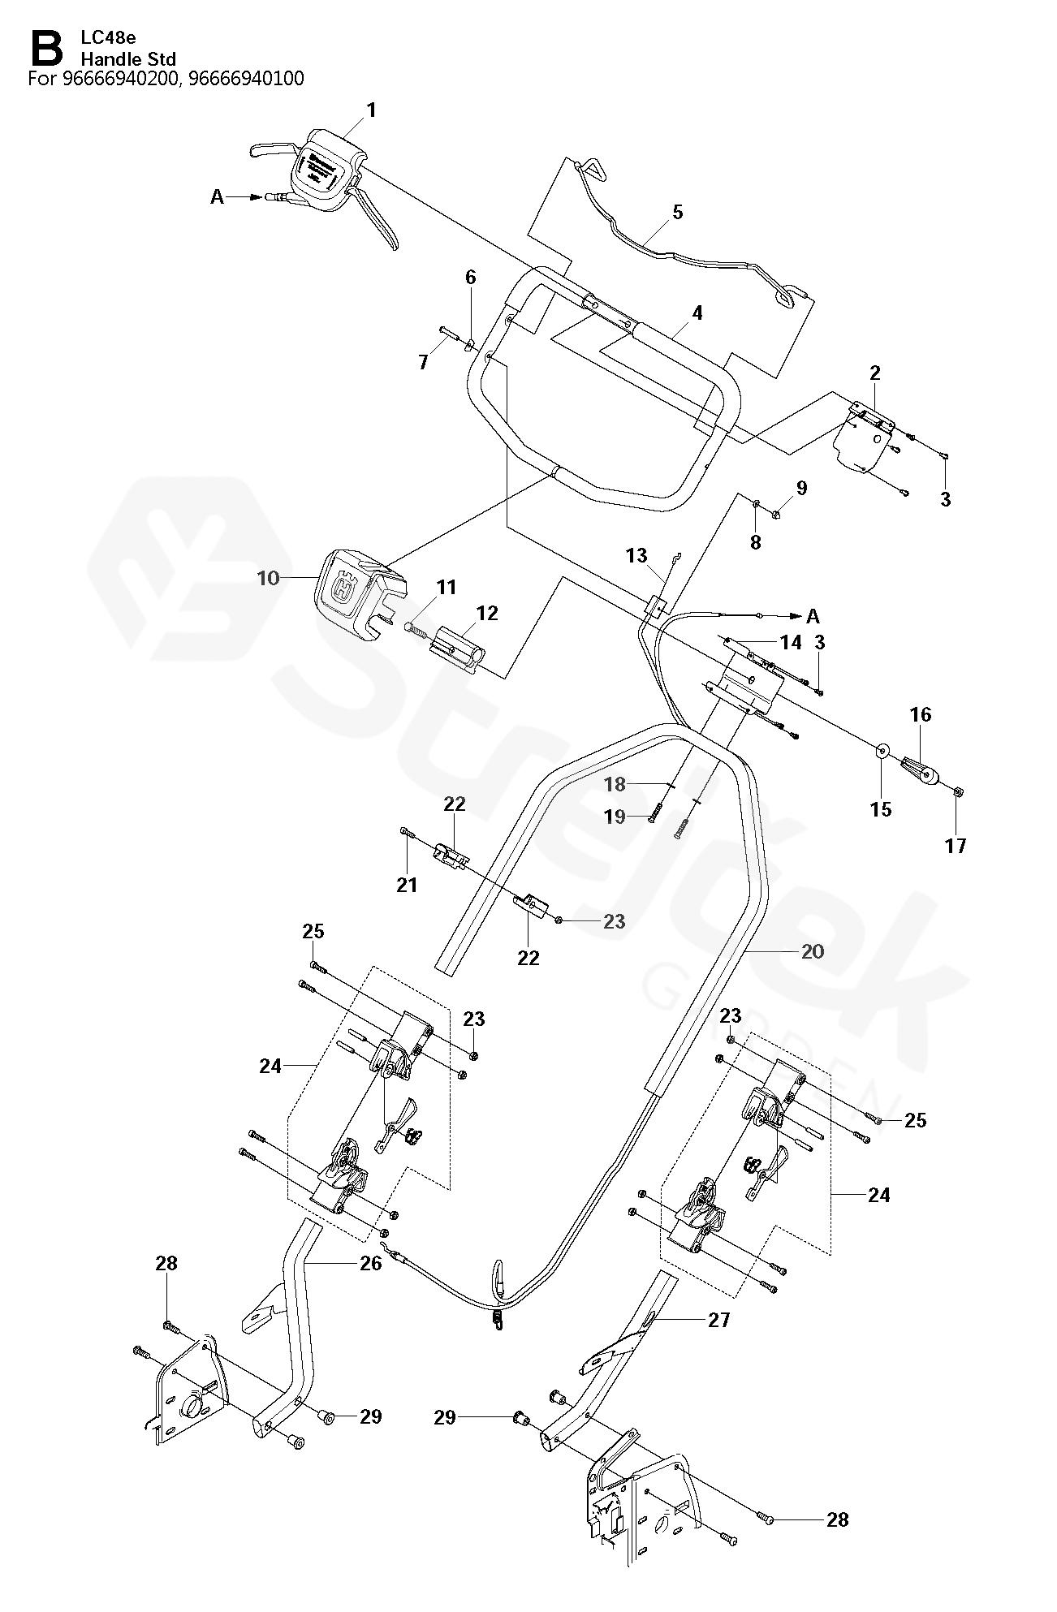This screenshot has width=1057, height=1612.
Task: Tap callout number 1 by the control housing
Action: (x=372, y=110)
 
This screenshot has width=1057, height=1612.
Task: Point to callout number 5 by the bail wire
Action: (x=677, y=213)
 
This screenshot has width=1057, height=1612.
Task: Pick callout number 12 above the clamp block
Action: (x=487, y=613)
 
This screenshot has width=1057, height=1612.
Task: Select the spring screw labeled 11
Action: (x=416, y=627)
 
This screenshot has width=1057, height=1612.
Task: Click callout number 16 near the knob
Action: (x=921, y=715)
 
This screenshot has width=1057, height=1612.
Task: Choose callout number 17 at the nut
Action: (x=956, y=846)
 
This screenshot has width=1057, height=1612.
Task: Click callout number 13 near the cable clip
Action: (x=636, y=555)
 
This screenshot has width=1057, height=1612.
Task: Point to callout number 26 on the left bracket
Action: (x=370, y=1264)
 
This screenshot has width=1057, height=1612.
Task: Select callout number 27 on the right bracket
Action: (x=718, y=1321)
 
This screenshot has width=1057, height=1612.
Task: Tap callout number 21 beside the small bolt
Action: (x=407, y=885)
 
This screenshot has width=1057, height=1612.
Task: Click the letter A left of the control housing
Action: (x=217, y=196)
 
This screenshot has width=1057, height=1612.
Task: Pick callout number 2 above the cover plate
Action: (x=874, y=373)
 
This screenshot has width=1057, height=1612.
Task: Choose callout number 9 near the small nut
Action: (x=801, y=488)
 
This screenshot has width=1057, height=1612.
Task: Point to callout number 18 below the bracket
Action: (x=615, y=784)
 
